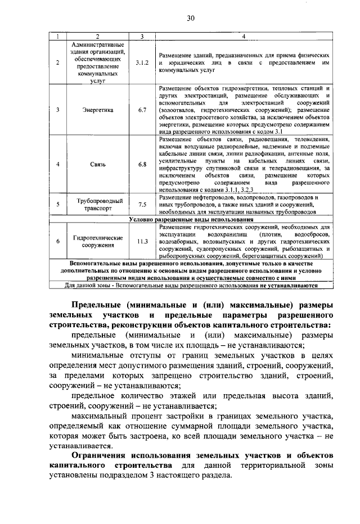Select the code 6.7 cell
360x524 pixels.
(142, 110)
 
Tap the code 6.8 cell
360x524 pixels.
(142, 164)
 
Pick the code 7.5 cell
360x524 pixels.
(142, 205)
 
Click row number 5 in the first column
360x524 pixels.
(58, 205)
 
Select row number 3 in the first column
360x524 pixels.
(58, 110)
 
